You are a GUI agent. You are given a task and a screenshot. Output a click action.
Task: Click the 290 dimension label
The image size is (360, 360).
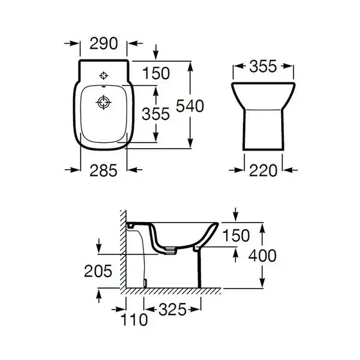[104, 43]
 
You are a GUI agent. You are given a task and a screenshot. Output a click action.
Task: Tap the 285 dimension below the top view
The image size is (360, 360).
[103, 170]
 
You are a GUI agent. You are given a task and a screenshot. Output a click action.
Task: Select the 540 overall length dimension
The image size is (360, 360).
[190, 106]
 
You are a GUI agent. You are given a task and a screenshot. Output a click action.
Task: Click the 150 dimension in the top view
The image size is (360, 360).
[156, 73]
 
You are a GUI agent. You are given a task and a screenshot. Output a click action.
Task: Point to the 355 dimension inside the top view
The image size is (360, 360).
[155, 114]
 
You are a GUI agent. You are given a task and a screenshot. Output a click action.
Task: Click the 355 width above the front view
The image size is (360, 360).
[263, 67]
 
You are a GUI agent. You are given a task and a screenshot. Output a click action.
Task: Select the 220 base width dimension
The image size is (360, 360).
[263, 170]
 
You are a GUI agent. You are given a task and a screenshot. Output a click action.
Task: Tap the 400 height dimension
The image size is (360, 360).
[262, 256]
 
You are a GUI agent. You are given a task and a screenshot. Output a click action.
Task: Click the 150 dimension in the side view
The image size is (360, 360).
[236, 236]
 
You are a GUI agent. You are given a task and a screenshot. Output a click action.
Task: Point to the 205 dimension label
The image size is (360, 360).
[98, 271]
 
